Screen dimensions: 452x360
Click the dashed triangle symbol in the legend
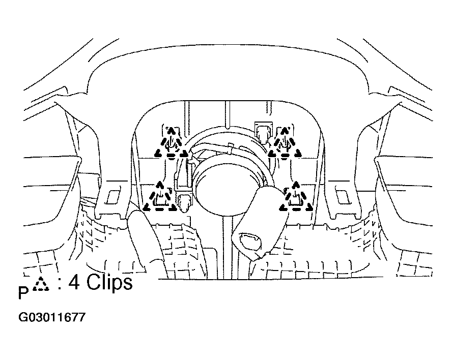pos(41,284)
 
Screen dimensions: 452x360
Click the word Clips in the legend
pos(109,282)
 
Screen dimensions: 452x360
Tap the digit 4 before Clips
pos(74,282)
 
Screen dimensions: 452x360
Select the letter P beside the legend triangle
pos(23,292)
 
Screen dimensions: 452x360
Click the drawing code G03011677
pos(52,317)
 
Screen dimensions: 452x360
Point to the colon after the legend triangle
pos(60,283)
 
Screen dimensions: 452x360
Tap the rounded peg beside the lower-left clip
pos(184,203)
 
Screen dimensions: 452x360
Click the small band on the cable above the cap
pos(231,147)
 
